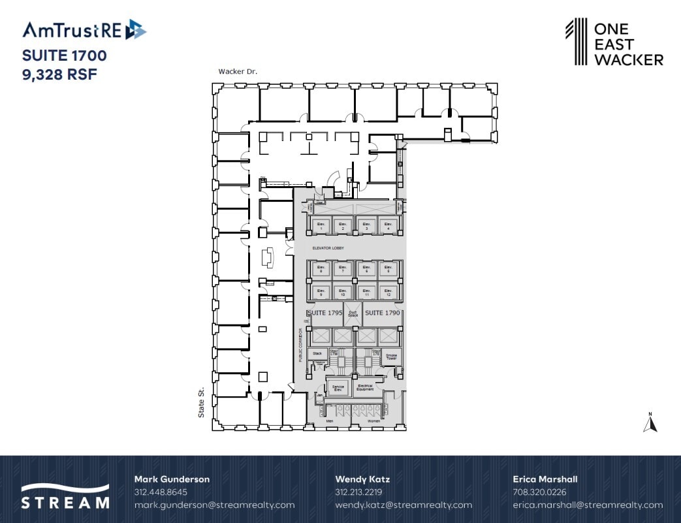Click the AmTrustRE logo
(84, 30)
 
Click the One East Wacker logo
(614, 42)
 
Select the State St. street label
(202, 401)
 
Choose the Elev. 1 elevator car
(321, 226)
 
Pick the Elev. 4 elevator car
(388, 226)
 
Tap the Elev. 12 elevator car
(388, 293)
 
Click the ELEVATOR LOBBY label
(328, 249)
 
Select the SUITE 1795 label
(325, 313)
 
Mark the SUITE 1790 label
(382, 313)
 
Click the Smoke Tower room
(391, 357)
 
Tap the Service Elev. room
(338, 387)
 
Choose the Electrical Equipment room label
(365, 387)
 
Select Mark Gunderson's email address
(214, 505)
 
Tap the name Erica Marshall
(545, 479)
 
